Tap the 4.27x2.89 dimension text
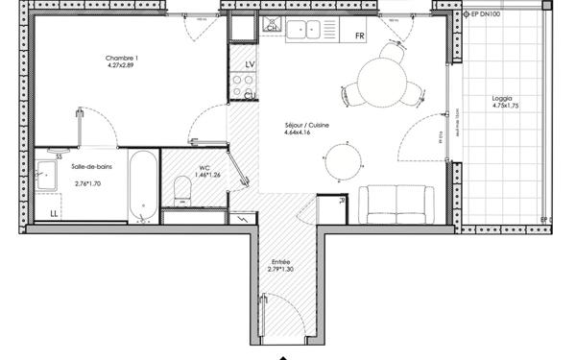tap(121, 67)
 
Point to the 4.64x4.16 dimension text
tap(298, 133)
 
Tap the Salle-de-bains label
tap(88, 166)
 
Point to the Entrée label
tap(281, 261)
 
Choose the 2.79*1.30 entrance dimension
tap(281, 270)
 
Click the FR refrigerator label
tap(360, 36)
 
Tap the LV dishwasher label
tap(250, 64)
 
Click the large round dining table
tap(381, 79)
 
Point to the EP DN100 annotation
tap(484, 15)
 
